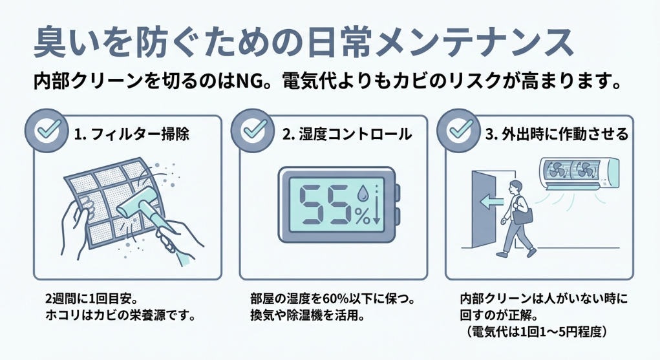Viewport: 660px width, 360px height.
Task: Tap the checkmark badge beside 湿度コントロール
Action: pos(250,131)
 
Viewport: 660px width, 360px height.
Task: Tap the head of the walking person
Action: pos(516,186)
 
